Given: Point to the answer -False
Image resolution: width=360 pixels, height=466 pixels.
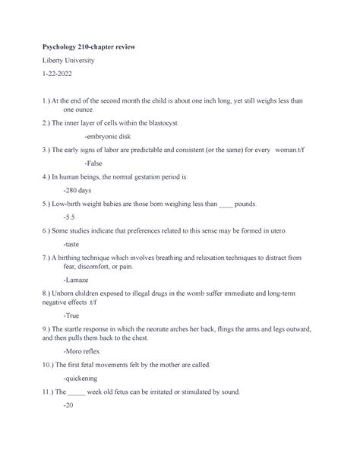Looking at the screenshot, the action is pyautogui.click(x=93, y=163).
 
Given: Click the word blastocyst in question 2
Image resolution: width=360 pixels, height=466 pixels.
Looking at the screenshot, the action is pyautogui.click(x=177, y=122).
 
